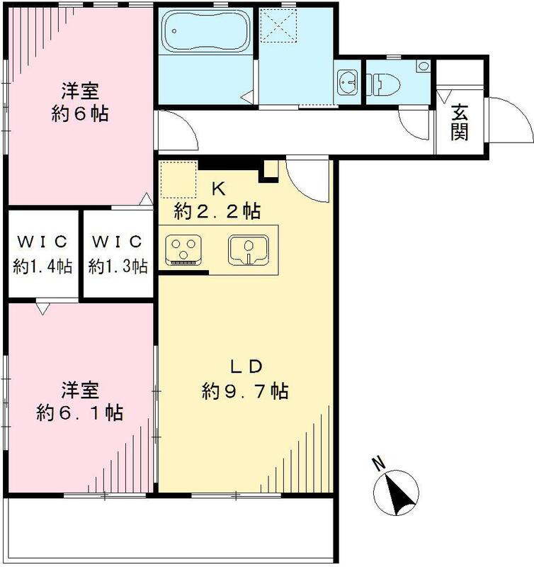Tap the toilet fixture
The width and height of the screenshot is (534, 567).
pos(386,83)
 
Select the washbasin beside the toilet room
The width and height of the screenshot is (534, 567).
pos(347,83)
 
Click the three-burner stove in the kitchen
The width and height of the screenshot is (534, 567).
pos(186,248)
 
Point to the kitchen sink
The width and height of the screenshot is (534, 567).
pos(248,248)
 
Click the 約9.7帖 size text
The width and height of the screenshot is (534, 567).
pos(244,391)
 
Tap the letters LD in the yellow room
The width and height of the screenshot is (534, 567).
pos(245,366)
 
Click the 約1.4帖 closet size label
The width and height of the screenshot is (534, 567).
pos(42,266)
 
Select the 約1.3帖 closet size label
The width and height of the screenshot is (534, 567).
pos(118,266)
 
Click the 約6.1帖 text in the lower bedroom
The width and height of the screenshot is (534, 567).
pos(79,412)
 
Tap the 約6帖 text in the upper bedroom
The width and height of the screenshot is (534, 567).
pos(79,113)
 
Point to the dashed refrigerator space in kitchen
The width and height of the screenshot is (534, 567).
pos(178,179)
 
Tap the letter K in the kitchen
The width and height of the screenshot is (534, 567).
pos(218,189)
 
